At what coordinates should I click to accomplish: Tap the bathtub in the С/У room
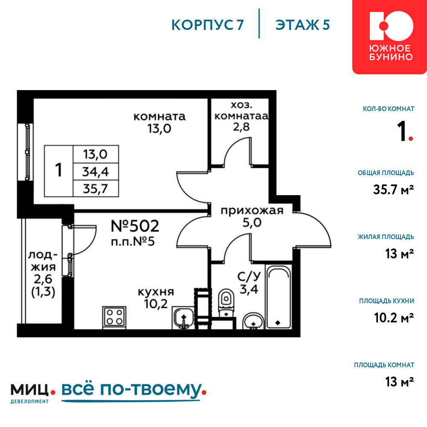coord(278,297)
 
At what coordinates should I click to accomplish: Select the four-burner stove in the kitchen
coord(114,317)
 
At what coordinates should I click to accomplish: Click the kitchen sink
coord(183,318)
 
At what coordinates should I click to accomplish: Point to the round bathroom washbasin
coord(253,321)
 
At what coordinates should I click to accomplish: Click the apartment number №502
coord(135,226)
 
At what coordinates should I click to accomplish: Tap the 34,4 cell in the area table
coord(96,172)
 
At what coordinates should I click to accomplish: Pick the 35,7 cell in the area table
coord(96,188)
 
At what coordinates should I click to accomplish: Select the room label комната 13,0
coord(159,123)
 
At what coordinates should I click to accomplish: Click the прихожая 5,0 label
coord(252,217)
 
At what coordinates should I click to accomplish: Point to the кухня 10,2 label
coord(156,298)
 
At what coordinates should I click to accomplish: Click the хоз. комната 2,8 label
coord(241,116)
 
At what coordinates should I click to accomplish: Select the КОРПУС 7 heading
coord(208,25)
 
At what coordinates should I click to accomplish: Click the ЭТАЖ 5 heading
coord(303,25)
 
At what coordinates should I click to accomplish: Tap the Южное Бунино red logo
coord(390,37)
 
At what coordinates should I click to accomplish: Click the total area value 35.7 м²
coord(394,190)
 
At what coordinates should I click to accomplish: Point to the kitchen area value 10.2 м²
coord(394,318)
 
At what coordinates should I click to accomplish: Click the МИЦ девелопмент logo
coord(33,393)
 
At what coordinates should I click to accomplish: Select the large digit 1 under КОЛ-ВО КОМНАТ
coord(402,131)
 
